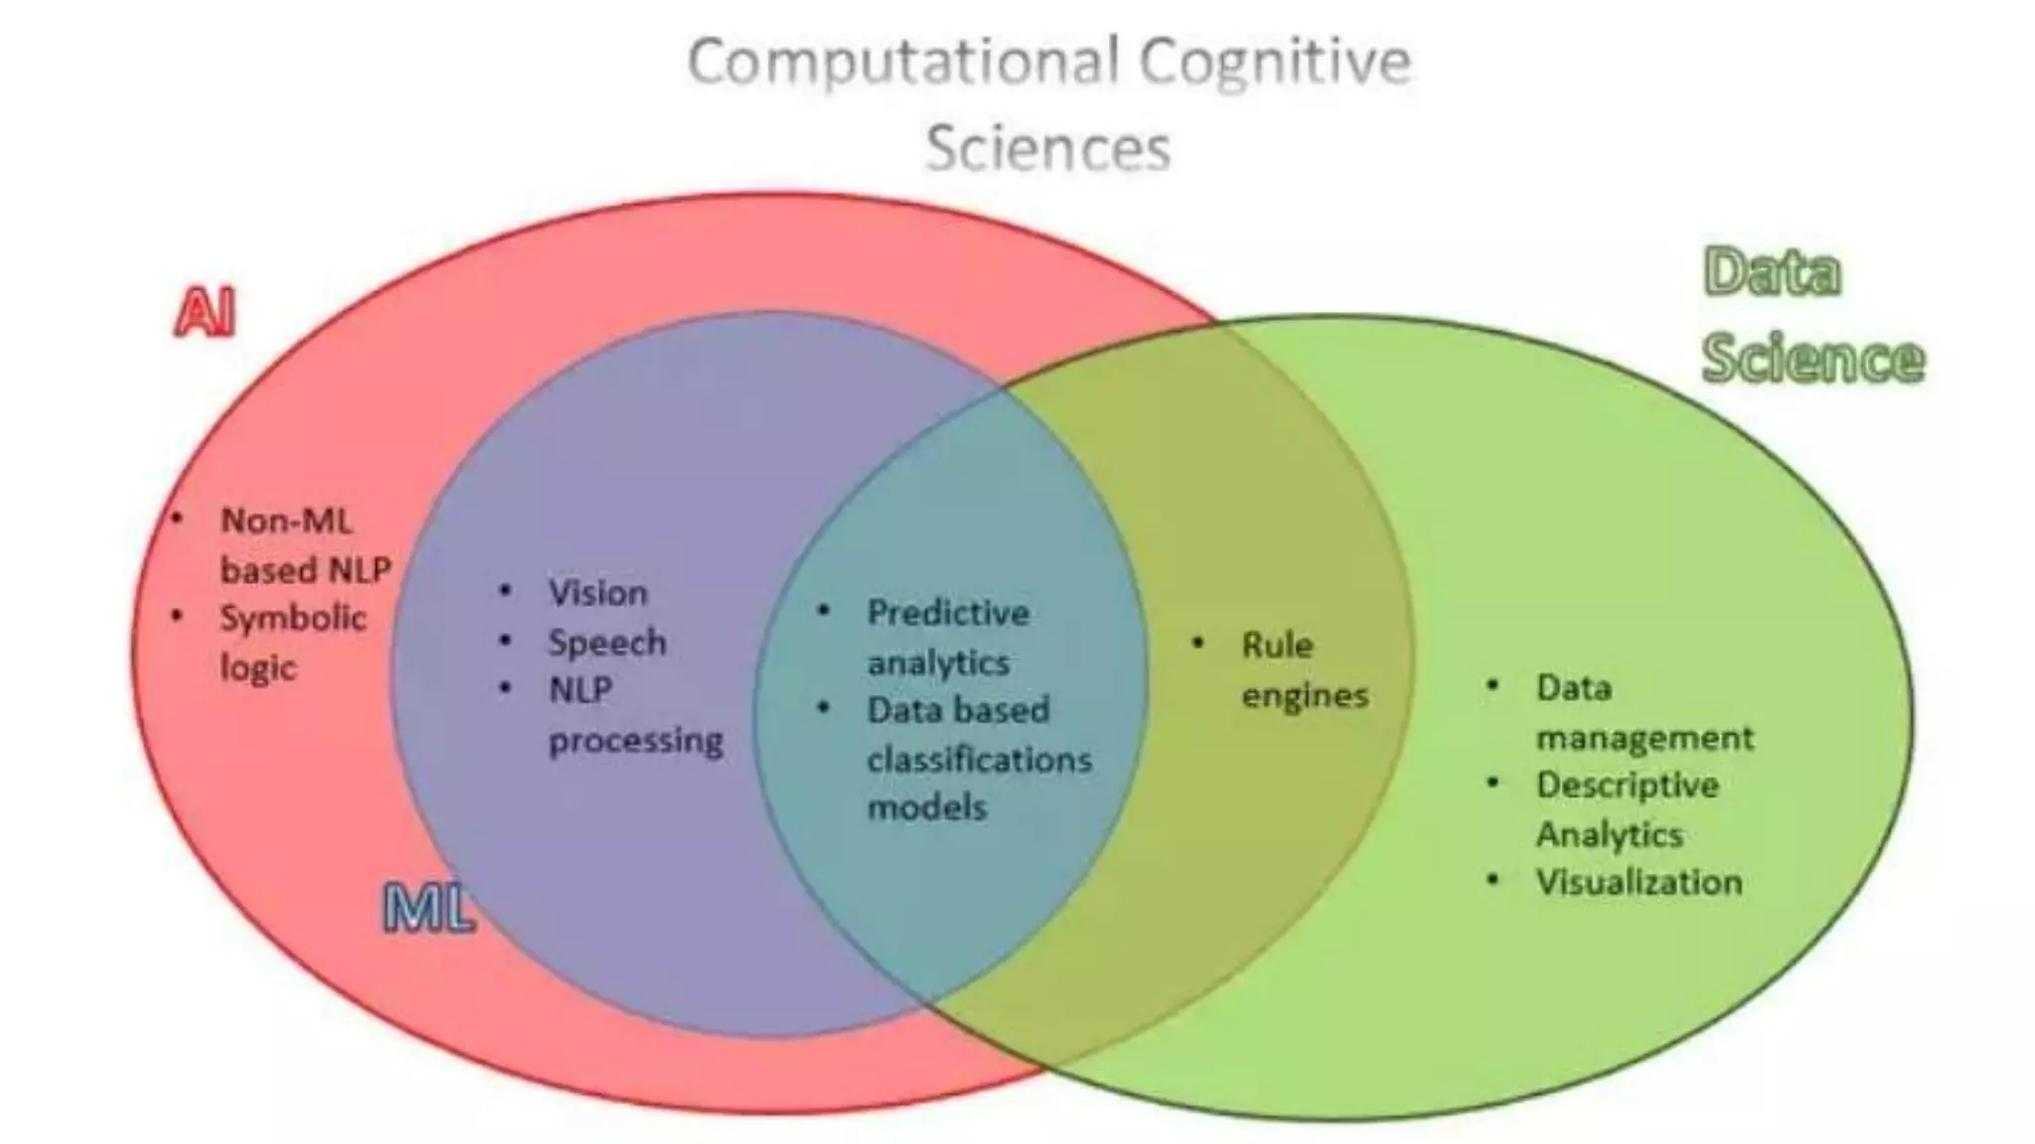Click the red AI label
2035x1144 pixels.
click(x=205, y=313)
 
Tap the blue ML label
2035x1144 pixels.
click(x=428, y=908)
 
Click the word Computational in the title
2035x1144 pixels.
click(x=904, y=62)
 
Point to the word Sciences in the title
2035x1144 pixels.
click(x=1048, y=149)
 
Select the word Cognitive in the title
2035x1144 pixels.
click(x=1275, y=62)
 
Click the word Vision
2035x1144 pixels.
click(x=597, y=593)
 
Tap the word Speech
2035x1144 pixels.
click(x=607, y=643)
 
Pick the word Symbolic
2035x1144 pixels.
click(x=293, y=618)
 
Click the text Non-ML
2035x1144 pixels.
click(x=286, y=520)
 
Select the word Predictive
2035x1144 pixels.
click(x=948, y=613)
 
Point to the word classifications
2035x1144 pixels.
click(x=979, y=760)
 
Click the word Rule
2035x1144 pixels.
click(x=1277, y=645)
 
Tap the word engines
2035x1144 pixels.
click(x=1305, y=695)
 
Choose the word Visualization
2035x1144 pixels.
click(x=1639, y=882)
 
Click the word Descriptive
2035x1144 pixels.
click(x=1627, y=785)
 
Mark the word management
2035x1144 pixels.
click(x=1644, y=738)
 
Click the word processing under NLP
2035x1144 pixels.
click(x=636, y=741)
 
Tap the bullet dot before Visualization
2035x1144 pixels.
click(x=1492, y=880)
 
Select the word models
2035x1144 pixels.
click(x=926, y=807)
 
